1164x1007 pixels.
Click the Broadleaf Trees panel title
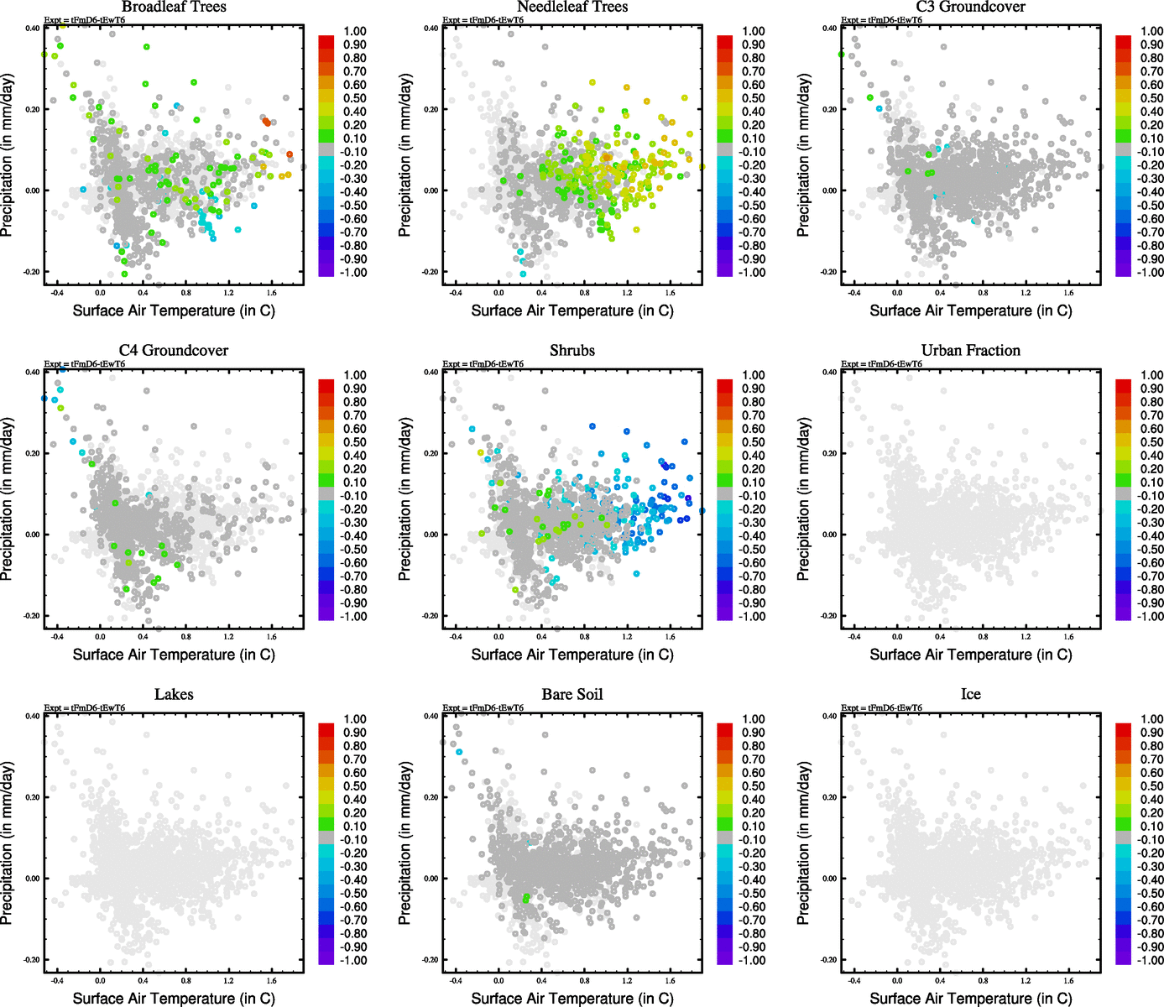174,8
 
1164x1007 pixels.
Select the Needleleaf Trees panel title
572,8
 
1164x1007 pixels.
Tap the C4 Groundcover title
174,351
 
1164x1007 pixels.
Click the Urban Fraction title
970,351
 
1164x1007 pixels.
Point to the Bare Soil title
572,695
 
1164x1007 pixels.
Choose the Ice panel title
970,695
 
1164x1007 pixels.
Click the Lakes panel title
174,695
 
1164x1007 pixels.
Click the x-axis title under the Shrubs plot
572,655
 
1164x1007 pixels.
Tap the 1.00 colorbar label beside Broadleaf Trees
355,31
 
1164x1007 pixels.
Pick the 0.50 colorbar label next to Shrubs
753,442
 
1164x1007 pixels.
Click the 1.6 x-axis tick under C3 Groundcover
1068,293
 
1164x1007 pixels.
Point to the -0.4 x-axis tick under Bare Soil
455,981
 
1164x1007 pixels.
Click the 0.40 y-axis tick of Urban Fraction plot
828,372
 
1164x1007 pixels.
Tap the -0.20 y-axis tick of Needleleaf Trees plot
429,272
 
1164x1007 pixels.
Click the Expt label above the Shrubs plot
483,364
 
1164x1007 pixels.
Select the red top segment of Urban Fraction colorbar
1123,385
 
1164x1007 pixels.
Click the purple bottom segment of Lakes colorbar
326,959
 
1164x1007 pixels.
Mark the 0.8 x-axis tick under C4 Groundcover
186,637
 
